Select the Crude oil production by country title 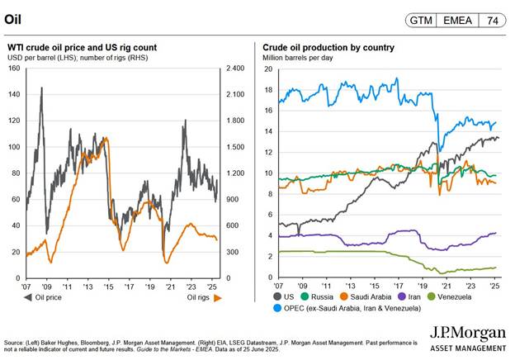328,48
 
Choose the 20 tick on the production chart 267,69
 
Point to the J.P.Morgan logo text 467,334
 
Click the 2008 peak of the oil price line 41,88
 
